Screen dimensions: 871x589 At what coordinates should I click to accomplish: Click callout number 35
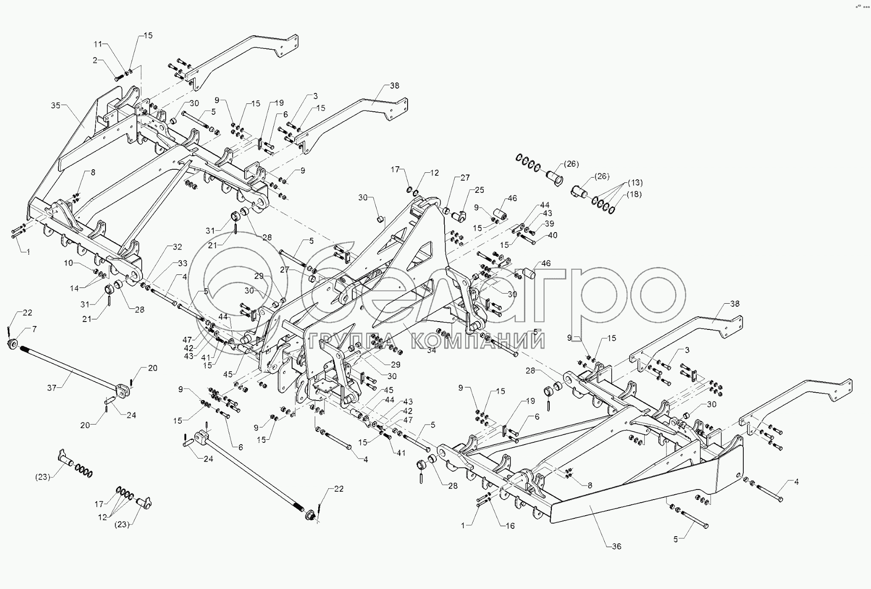pyautogui.click(x=55, y=105)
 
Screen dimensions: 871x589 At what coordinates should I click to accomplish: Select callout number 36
pyautogui.click(x=616, y=546)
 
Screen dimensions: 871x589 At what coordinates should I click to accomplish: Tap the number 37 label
pyautogui.click(x=52, y=387)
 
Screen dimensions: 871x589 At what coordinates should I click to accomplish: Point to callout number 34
pyautogui.click(x=432, y=349)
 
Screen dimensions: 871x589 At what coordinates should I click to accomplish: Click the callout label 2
pyautogui.click(x=95, y=60)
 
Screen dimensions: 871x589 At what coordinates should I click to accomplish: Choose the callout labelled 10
pyautogui.click(x=69, y=263)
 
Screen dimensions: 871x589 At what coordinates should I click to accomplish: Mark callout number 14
pyautogui.click(x=75, y=288)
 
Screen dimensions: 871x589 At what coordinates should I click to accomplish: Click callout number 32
pyautogui.click(x=177, y=247)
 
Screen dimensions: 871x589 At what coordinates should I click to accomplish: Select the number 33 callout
pyautogui.click(x=183, y=263)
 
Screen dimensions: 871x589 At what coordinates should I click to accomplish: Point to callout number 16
pyautogui.click(x=510, y=526)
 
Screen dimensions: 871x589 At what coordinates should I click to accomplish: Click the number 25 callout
pyautogui.click(x=480, y=190)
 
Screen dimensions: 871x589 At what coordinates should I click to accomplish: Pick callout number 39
pyautogui.click(x=550, y=223)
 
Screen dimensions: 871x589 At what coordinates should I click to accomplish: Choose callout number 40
pyautogui.click(x=553, y=235)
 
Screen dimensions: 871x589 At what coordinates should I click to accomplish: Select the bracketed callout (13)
pyautogui.click(x=635, y=182)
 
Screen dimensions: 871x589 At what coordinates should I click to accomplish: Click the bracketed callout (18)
pyautogui.click(x=634, y=194)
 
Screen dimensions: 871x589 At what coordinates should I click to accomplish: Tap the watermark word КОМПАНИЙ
pyautogui.click(x=477, y=341)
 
